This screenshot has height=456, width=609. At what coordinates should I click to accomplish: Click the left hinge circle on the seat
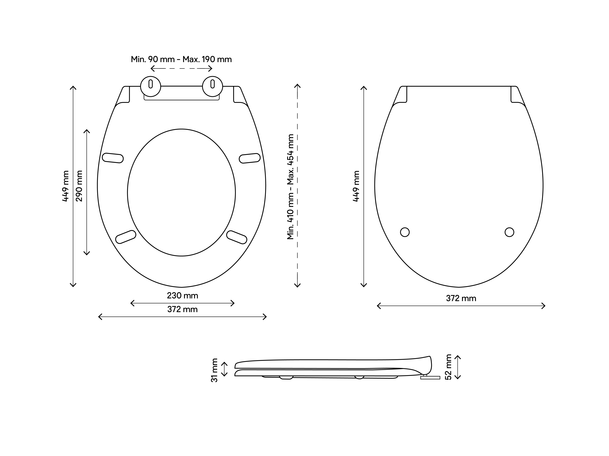tap(151, 86)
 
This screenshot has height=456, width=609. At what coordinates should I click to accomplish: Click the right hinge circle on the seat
tap(212, 86)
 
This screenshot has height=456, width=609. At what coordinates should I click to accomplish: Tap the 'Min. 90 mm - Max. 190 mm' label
tap(181, 59)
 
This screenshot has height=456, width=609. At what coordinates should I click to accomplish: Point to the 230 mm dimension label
tap(183, 295)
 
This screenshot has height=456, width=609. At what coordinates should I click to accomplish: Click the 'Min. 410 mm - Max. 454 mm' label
tap(290, 187)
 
